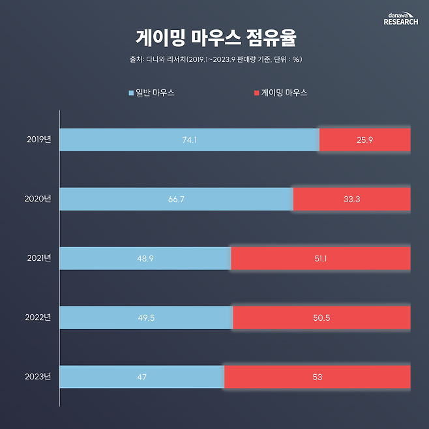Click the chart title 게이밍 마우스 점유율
point(214,37)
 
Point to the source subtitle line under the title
point(214,60)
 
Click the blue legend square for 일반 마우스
point(131,93)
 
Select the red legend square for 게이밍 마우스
point(256,93)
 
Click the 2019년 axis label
point(39,140)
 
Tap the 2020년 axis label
point(38,199)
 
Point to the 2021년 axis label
point(39,258)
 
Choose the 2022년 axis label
point(38,318)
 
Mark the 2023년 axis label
point(38,376)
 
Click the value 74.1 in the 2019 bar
point(189,140)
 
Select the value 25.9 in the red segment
point(365,140)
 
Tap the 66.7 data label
point(176,199)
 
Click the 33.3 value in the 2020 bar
point(352,199)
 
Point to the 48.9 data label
point(145,258)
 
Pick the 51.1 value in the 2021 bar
point(321,258)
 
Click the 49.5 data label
point(145,318)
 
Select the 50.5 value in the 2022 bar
point(321,318)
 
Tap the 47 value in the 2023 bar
point(141,377)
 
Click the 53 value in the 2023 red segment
point(318,377)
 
